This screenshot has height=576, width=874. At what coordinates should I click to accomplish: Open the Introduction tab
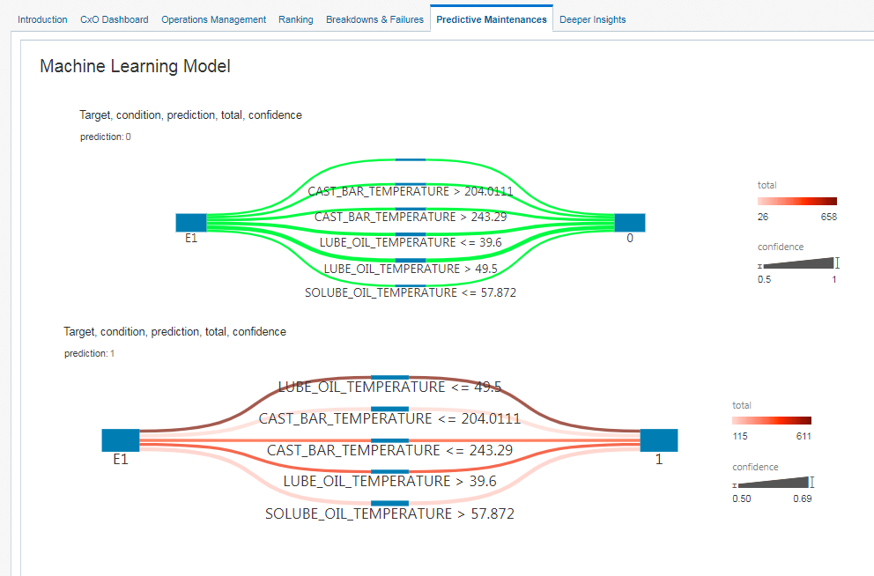click(42, 19)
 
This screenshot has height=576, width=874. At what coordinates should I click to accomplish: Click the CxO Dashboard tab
click(114, 19)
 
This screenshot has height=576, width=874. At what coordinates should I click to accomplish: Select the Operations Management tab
click(213, 19)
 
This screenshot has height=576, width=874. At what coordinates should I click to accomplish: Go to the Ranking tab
click(295, 19)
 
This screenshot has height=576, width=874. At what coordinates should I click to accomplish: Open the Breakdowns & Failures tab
click(374, 19)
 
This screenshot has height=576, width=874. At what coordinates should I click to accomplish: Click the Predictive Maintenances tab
click(491, 19)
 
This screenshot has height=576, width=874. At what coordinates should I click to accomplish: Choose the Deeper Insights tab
click(592, 19)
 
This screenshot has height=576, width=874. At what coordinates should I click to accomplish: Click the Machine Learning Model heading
click(135, 66)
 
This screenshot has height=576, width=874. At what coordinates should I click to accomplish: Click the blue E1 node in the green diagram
click(190, 222)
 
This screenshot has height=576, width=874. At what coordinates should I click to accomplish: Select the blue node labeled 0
click(629, 222)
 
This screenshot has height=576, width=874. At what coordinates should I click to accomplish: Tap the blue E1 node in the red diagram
click(121, 440)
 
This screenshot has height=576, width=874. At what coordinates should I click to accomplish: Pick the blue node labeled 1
click(658, 440)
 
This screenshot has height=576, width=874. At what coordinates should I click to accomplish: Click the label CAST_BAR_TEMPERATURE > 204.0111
click(410, 190)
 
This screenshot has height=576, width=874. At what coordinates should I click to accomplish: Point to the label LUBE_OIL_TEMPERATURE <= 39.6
click(410, 242)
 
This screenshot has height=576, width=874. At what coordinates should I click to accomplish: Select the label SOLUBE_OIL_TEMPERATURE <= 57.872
click(410, 292)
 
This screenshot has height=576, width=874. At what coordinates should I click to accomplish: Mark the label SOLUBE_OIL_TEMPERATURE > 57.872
click(389, 513)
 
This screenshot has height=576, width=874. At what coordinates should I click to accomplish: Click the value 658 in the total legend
click(828, 217)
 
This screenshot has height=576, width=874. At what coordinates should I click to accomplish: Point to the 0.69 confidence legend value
click(803, 498)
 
